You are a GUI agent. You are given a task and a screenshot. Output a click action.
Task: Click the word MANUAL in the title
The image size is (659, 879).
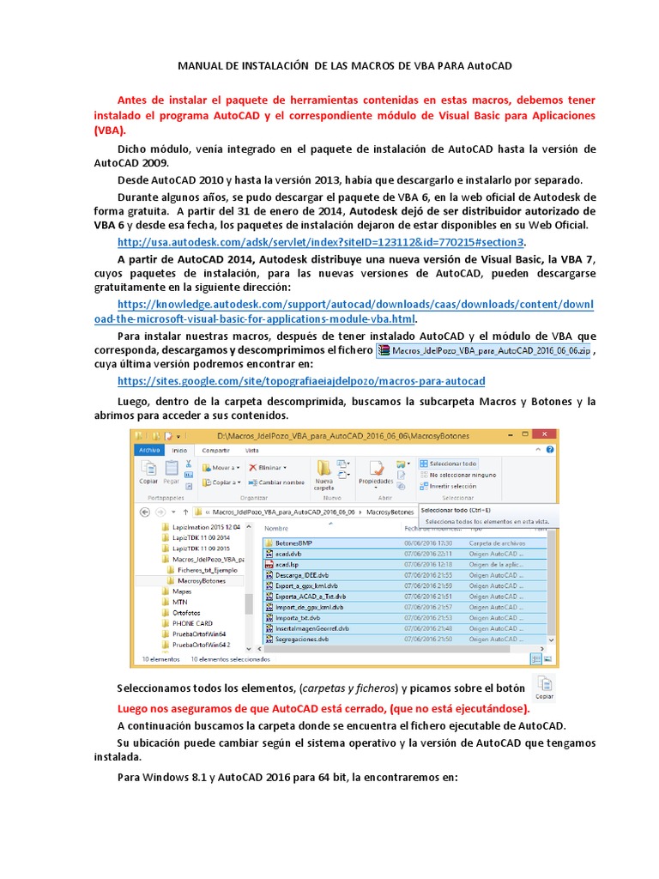tap(200, 65)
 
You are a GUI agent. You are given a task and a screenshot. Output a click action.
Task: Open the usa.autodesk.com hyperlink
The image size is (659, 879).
tap(321, 241)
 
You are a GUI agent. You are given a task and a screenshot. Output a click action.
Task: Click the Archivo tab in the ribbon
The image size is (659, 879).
tap(149, 450)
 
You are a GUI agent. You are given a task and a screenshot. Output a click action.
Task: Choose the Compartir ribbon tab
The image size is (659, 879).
tap(215, 450)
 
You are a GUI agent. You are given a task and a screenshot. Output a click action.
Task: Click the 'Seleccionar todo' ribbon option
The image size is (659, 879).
tap(452, 464)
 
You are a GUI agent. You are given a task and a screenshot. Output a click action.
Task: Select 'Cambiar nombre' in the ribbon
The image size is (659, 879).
tap(276, 482)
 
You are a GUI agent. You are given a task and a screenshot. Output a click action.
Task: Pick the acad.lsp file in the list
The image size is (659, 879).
tap(286, 565)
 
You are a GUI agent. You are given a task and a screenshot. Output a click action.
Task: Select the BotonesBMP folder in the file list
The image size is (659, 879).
tap(293, 543)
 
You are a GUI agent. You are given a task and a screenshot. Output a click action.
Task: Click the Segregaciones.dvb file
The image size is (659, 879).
tap(301, 639)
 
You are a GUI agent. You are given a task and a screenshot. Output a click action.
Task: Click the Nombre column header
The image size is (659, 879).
tap(276, 529)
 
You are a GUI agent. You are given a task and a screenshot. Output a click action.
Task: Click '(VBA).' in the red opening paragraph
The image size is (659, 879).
tap(110, 130)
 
